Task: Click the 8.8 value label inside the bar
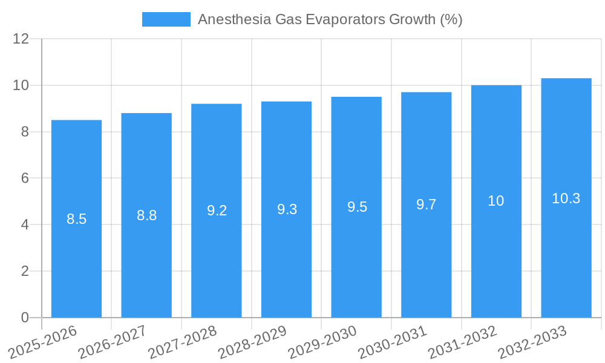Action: pos(146,215)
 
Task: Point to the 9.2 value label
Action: pos(217,211)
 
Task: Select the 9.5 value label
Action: pos(357,207)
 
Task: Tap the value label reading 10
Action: pos(496,201)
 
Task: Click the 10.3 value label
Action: pos(566,198)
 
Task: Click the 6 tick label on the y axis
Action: pos(25,178)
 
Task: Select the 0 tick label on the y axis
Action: pos(25,318)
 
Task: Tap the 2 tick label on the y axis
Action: pos(25,271)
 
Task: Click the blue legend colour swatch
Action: pos(166,19)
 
